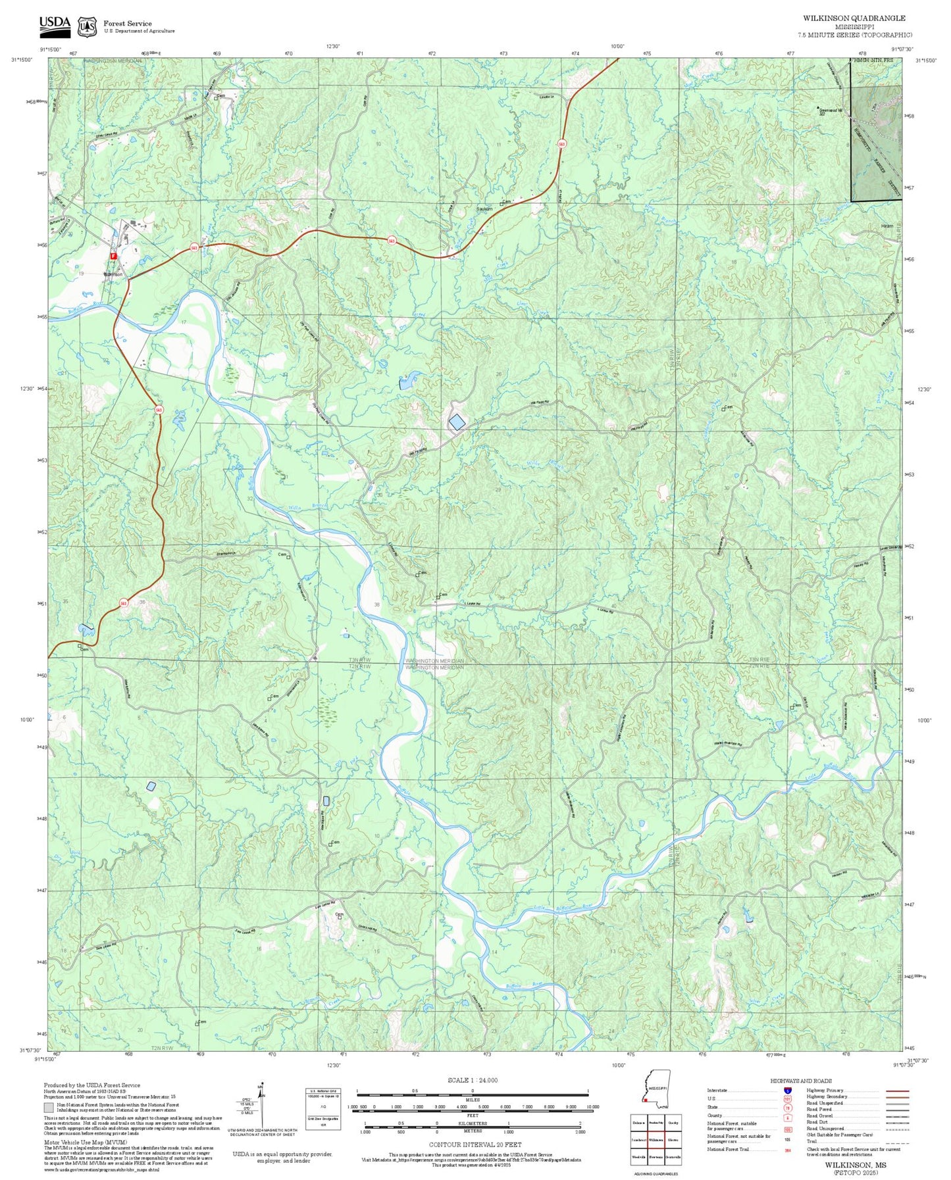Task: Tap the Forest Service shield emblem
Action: [x=87, y=27]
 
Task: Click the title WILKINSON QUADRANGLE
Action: [x=854, y=18]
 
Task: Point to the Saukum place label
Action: [x=484, y=209]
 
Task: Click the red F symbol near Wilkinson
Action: [x=113, y=255]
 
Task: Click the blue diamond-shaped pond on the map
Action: [x=456, y=423]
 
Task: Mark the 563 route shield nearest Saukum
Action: [x=392, y=240]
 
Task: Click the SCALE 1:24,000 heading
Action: [x=472, y=1080]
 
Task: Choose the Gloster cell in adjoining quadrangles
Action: [x=673, y=1140]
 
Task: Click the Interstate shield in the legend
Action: [x=787, y=1091]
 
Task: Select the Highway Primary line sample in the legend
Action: [x=897, y=1091]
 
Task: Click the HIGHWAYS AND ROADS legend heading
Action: [x=800, y=1081]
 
